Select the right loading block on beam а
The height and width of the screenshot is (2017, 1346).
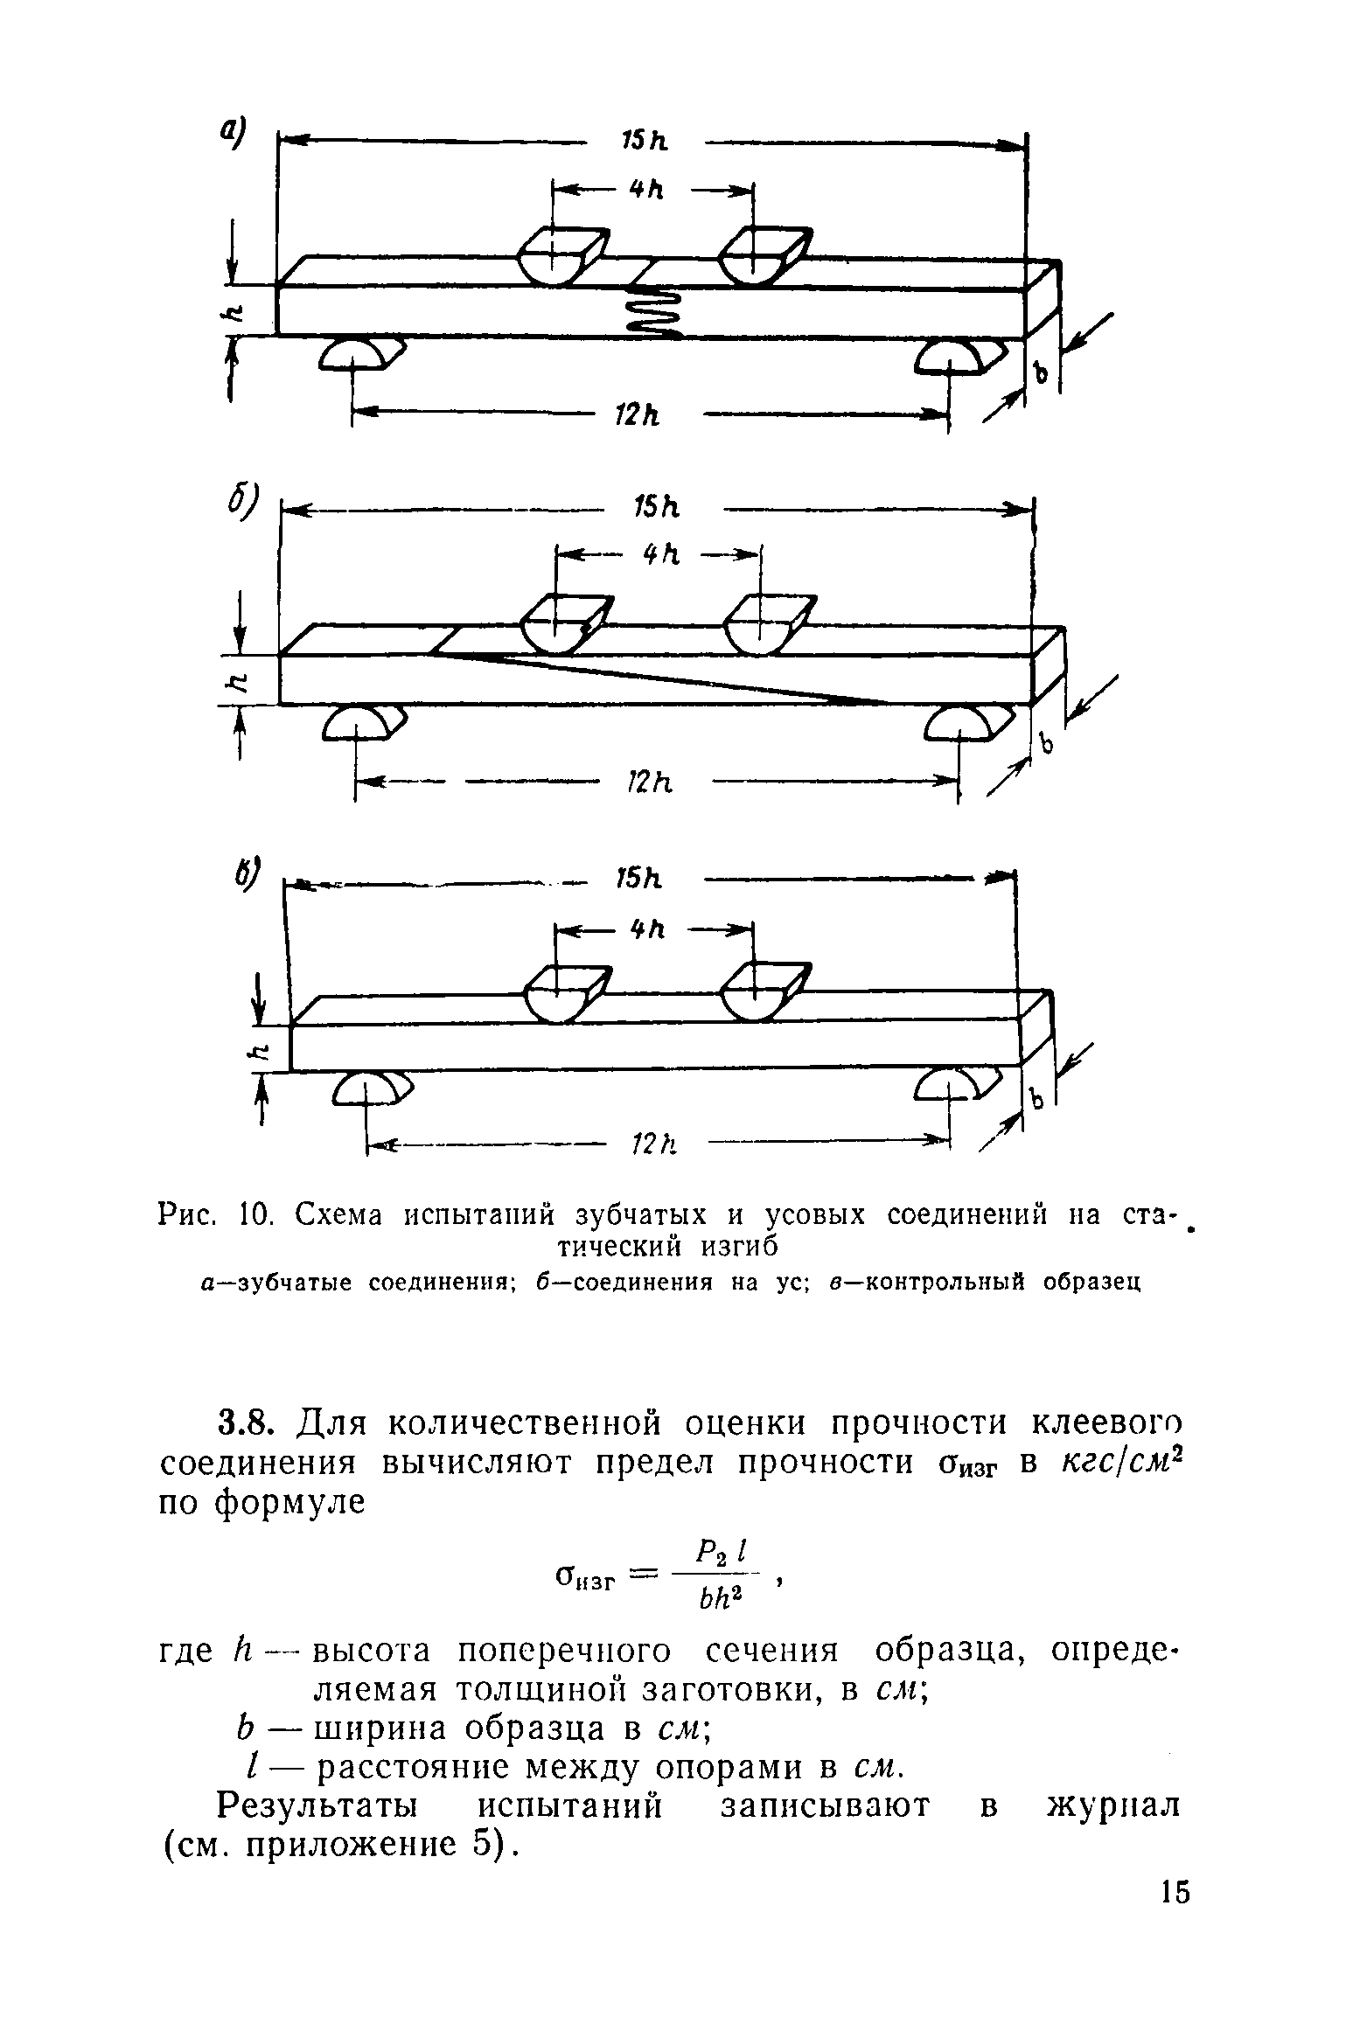pos(754,258)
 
